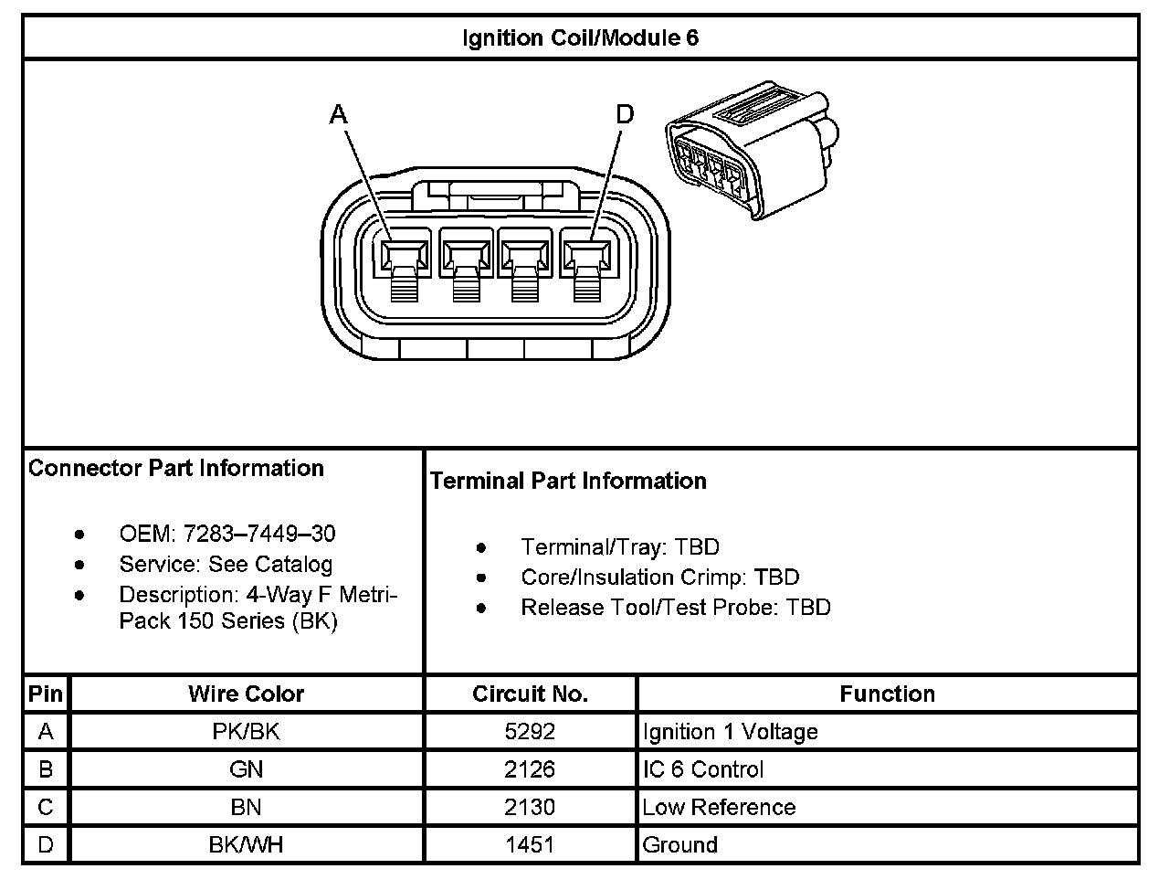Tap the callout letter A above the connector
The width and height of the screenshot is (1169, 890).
(x=339, y=114)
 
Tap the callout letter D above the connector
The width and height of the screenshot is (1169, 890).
(x=625, y=114)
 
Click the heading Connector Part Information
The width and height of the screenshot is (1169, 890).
(x=176, y=468)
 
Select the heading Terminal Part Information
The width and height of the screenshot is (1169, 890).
(x=568, y=481)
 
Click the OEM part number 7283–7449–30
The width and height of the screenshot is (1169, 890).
(x=259, y=534)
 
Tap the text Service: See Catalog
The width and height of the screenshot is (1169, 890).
(x=226, y=564)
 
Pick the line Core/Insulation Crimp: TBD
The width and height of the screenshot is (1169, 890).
(x=659, y=577)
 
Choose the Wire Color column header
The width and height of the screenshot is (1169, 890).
(x=246, y=694)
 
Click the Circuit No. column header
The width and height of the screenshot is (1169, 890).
(x=530, y=694)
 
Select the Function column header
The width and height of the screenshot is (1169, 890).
(x=887, y=694)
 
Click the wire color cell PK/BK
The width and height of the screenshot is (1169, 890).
(x=246, y=732)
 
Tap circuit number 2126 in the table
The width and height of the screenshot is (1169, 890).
(x=530, y=769)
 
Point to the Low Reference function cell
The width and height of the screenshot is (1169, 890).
(x=719, y=807)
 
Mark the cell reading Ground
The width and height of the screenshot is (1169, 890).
(x=679, y=844)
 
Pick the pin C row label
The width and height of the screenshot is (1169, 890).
(x=46, y=807)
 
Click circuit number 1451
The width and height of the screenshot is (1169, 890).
(x=530, y=844)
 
